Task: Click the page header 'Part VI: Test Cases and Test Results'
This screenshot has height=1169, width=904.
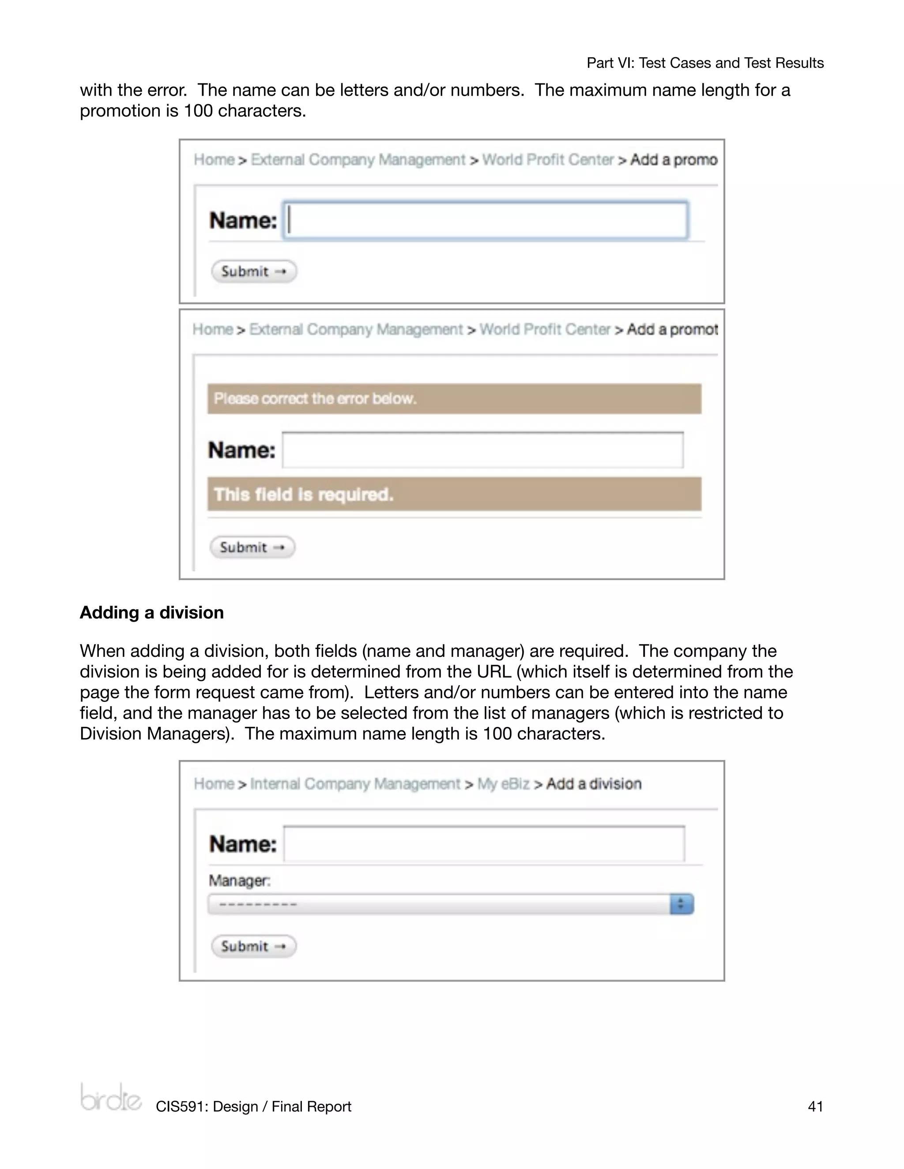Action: coord(705,63)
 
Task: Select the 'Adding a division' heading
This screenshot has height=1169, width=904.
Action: coord(151,612)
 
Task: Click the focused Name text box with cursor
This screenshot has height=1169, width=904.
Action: coord(485,220)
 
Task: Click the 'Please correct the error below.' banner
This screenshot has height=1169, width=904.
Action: coord(454,399)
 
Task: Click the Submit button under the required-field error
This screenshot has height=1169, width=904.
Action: coord(252,547)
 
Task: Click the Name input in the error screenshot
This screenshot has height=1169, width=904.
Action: coord(482,450)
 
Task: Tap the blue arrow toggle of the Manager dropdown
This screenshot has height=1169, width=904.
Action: coord(681,904)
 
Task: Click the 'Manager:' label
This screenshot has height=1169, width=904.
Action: coord(239,880)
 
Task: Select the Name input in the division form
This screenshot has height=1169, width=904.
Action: coord(484,844)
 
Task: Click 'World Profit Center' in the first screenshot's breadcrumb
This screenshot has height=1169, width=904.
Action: coord(548,160)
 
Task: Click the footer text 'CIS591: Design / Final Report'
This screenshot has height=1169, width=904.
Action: coord(253,1106)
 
